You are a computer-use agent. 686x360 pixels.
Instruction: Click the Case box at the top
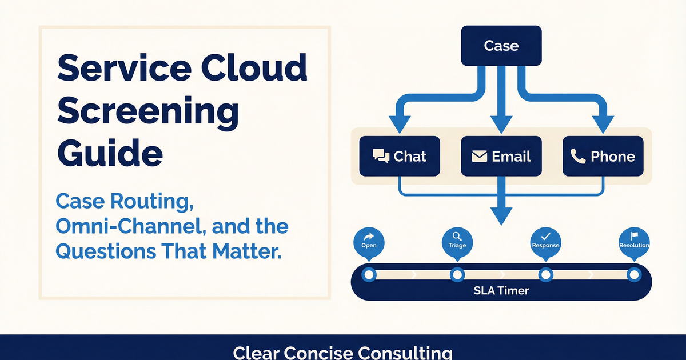tap(501, 46)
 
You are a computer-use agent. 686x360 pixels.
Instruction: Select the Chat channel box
tap(399, 156)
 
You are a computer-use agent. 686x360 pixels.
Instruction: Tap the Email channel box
tap(501, 156)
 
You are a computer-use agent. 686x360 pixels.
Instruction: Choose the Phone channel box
tap(603, 156)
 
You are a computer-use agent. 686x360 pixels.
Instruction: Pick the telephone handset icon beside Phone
tap(578, 156)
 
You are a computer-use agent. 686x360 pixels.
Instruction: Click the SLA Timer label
tap(501, 290)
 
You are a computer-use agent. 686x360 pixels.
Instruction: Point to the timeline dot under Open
tap(369, 275)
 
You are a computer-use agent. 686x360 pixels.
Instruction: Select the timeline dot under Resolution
tap(633, 275)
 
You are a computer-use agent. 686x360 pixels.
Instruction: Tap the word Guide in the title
tap(109, 153)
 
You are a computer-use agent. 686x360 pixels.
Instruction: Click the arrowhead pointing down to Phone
tap(603, 123)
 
